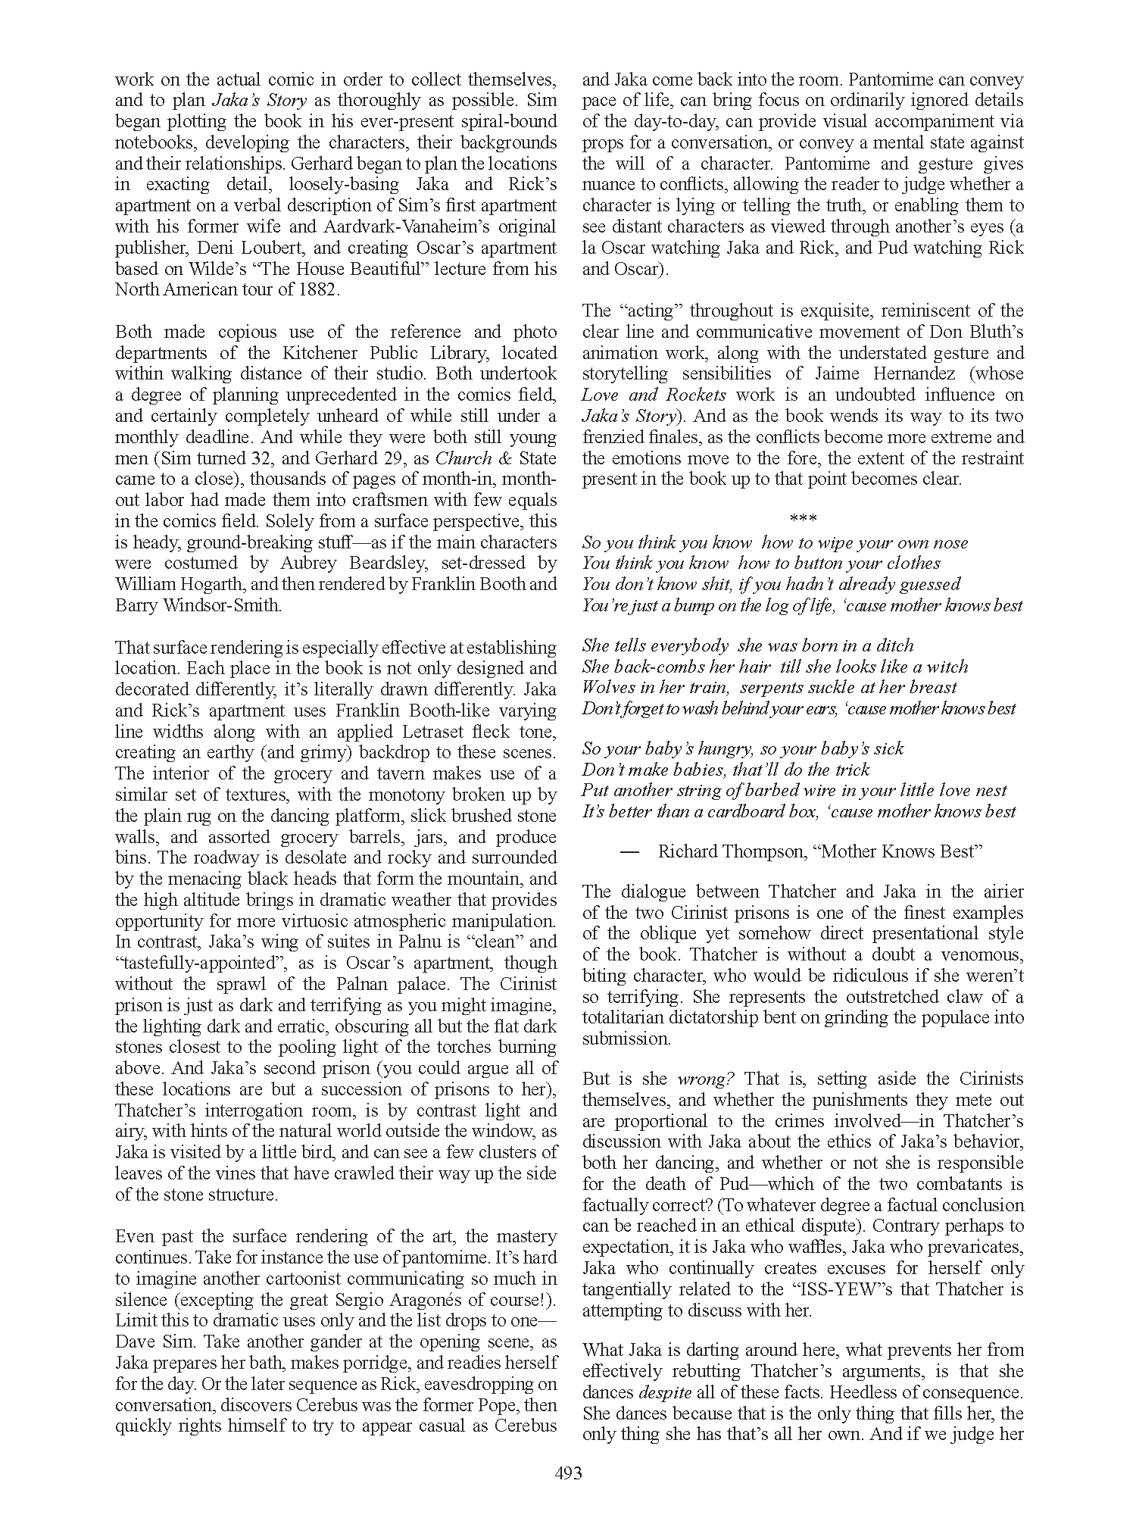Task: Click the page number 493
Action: click(x=568, y=1473)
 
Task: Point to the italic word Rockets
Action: click(x=697, y=395)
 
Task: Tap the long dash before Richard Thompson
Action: click(x=629, y=851)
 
